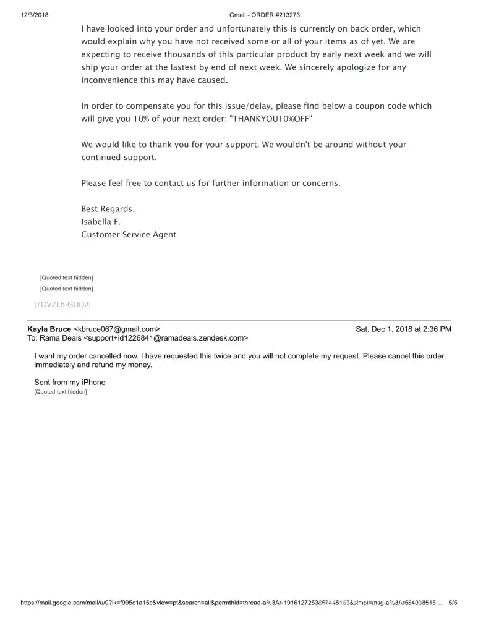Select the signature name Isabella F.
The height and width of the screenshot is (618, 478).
tap(101, 222)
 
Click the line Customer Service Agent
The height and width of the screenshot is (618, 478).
tap(129, 235)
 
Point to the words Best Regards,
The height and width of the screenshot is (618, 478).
tap(108, 209)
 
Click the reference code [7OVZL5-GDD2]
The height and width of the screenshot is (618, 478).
tap(62, 304)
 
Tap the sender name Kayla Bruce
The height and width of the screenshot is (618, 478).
tap(49, 329)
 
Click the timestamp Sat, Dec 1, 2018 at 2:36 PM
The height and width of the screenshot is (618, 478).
tap(403, 329)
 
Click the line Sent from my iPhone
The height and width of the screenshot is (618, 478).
tap(70, 383)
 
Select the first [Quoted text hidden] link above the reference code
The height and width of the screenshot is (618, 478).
tap(67, 278)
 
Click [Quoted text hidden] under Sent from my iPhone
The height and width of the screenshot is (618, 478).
tap(61, 392)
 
